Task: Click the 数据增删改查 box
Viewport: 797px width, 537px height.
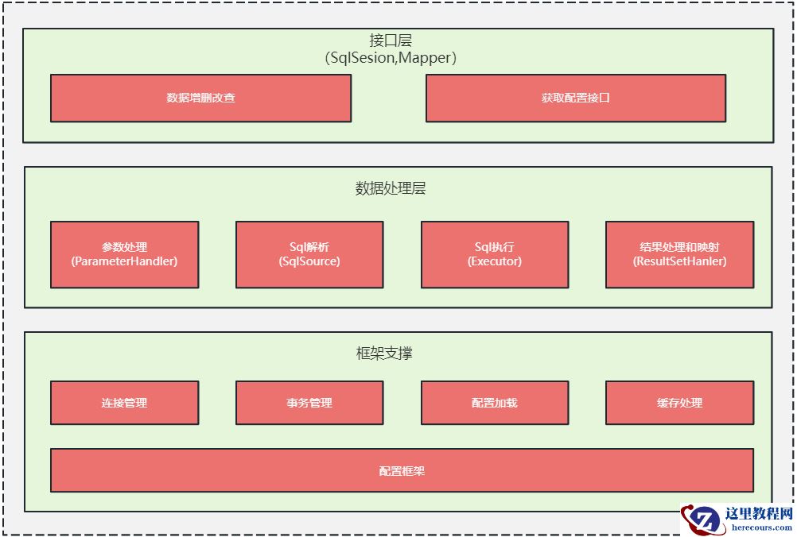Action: tap(200, 99)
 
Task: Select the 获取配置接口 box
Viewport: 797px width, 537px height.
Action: tap(576, 99)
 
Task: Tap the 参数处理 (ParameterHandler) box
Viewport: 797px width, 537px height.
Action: tap(124, 254)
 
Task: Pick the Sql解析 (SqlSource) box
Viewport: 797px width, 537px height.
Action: tap(309, 254)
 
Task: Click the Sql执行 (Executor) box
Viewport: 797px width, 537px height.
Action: tap(495, 254)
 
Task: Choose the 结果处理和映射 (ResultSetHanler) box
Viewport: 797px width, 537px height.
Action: tap(679, 254)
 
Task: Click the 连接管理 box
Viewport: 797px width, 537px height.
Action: tap(124, 403)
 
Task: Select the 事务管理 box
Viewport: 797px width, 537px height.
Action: tap(309, 403)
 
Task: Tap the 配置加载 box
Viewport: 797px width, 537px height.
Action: tap(495, 403)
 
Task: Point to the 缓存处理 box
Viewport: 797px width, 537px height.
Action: tap(679, 403)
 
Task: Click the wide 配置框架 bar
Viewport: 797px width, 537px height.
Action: tap(402, 471)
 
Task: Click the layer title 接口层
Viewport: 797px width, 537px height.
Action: tap(391, 41)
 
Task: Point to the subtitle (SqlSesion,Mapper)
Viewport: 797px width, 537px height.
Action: tap(391, 58)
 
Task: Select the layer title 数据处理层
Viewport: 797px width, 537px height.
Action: tap(391, 188)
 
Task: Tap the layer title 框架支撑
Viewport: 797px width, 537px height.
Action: tap(384, 353)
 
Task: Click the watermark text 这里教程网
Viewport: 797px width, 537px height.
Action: tap(759, 514)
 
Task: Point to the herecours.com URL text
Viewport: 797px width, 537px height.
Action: tap(759, 527)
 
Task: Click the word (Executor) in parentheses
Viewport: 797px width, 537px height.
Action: tap(495, 261)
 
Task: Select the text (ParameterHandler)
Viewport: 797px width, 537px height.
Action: tap(124, 261)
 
